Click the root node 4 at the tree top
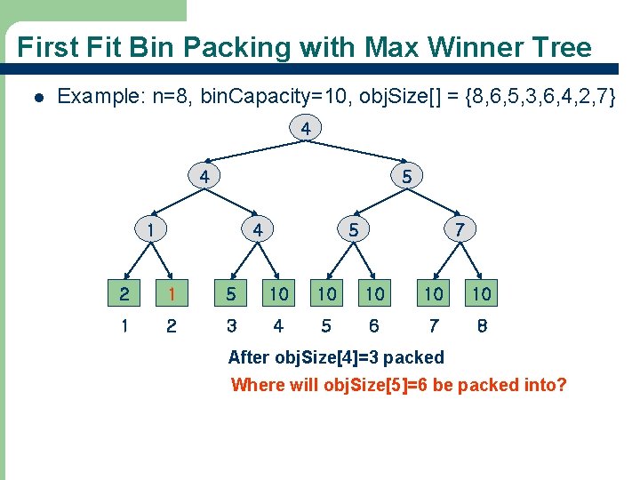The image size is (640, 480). tap(305, 130)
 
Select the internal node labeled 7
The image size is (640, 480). tap(460, 229)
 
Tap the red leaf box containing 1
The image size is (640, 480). tap(172, 292)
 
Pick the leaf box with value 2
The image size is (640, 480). tap(125, 292)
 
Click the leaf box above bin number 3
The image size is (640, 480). tap(231, 292)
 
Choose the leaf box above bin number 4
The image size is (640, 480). tap(278, 292)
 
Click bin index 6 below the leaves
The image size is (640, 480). tap(374, 326)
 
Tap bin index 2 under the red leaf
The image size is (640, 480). tap(172, 326)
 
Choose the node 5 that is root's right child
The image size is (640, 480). tap(406, 177)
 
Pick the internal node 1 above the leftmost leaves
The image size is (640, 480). tap(154, 229)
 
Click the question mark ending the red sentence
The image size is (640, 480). tap(562, 385)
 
